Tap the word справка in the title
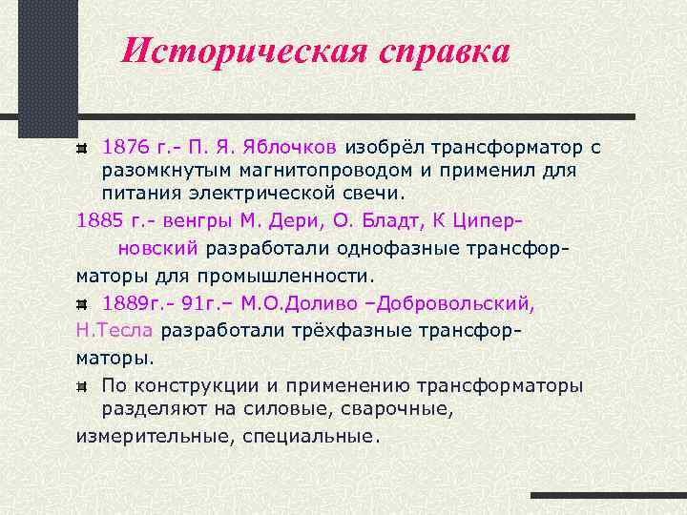point(440,51)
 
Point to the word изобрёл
point(385,148)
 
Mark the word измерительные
point(146,436)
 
